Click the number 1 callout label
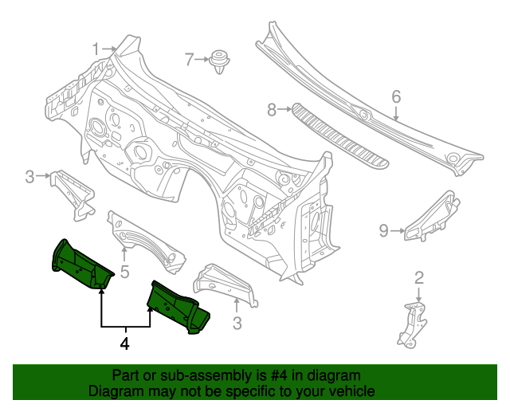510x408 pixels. pos(96,49)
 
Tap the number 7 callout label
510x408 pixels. pos(189,59)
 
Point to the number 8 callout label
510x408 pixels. pos(271,110)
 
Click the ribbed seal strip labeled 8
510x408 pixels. pos(339,135)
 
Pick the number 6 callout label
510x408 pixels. pos(396,96)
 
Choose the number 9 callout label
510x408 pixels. pos(383,231)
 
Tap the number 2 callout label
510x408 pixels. pos(419,277)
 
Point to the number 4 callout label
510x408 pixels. pos(124,345)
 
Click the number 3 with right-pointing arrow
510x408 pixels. pos(29,177)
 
